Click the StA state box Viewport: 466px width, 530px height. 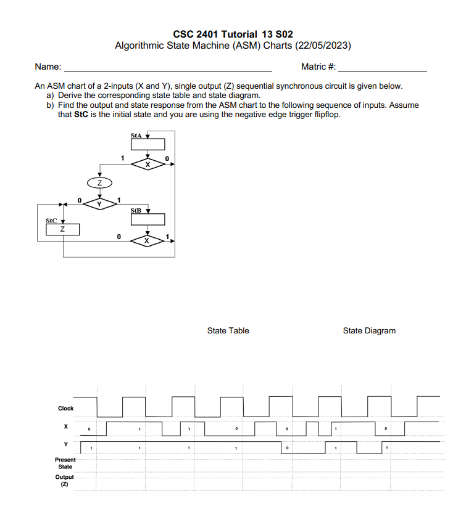click(x=147, y=144)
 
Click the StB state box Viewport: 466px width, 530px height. click(x=147, y=219)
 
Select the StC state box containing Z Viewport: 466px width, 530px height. click(x=63, y=229)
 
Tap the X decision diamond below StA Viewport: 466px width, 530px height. click(x=147, y=165)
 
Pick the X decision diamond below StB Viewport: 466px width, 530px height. click(x=147, y=240)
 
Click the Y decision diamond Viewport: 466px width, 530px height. click(x=99, y=203)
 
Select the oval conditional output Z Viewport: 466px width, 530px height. click(x=99, y=183)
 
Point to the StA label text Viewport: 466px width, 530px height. click(x=136, y=134)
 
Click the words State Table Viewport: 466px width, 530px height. click(x=228, y=331)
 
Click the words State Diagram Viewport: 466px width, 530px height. click(x=369, y=331)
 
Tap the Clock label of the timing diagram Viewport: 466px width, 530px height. click(x=65, y=408)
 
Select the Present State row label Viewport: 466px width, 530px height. click(x=65, y=463)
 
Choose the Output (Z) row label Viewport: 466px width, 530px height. click(x=64, y=480)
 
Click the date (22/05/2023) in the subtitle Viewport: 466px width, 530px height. click(x=323, y=46)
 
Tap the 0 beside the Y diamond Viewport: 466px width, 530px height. click(x=80, y=199)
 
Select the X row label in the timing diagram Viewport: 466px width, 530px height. click(x=65, y=426)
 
